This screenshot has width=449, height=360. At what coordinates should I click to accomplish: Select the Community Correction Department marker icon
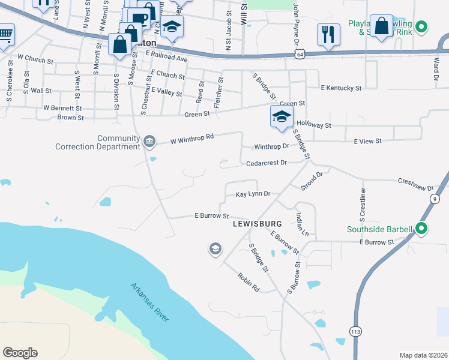point(149,142)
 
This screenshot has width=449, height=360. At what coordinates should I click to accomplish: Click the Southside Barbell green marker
point(421,229)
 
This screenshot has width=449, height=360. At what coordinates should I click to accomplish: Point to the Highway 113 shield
point(355,331)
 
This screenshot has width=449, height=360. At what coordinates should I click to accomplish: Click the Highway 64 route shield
point(299,55)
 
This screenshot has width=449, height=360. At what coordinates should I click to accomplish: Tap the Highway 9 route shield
point(435,199)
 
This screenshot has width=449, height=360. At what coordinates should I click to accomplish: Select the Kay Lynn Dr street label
point(253,194)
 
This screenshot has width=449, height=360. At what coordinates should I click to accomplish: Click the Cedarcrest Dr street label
point(267,163)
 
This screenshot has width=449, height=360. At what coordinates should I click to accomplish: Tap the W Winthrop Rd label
point(192,139)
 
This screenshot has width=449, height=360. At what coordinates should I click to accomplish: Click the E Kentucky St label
point(341,88)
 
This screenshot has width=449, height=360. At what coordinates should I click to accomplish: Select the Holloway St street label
point(314,125)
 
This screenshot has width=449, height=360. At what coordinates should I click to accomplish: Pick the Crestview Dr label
point(416,184)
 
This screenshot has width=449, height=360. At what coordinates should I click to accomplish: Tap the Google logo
point(20,353)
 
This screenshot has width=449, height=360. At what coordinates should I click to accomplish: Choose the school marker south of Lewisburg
point(215,248)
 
